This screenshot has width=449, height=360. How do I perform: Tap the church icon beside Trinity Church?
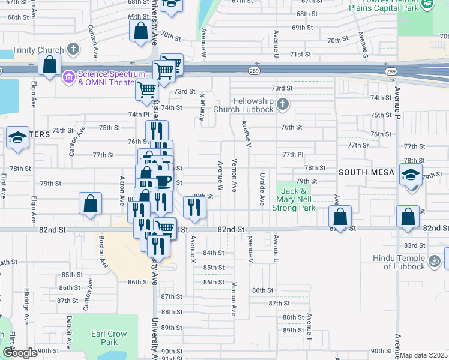tap(73, 49)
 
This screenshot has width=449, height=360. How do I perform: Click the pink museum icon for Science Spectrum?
tap(68, 76)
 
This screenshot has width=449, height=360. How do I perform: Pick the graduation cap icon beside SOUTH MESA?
tap(411, 175)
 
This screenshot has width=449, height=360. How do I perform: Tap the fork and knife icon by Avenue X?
tap(194, 208)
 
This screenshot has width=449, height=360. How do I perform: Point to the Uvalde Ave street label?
tap(262, 190)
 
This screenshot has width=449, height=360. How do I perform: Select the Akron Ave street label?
tap(122, 191)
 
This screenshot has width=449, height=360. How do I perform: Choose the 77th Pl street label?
tap(294, 154)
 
